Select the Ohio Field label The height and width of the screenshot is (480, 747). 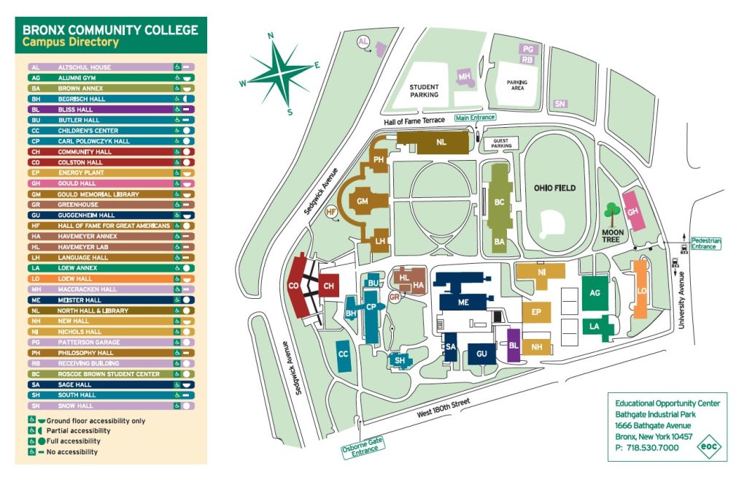tap(554, 188)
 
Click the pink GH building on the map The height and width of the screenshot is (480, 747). tap(633, 210)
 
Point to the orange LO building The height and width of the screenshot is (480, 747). tap(640, 289)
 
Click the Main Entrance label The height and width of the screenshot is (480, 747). tap(475, 117)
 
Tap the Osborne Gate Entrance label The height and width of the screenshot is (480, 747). tap(361, 446)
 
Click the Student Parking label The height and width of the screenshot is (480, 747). tap(424, 91)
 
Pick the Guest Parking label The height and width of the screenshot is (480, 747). tap(500, 144)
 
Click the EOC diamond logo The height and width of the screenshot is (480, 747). tap(707, 446)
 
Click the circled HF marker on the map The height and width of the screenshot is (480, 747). tap(331, 212)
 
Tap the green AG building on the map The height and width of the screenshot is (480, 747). tap(595, 292)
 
